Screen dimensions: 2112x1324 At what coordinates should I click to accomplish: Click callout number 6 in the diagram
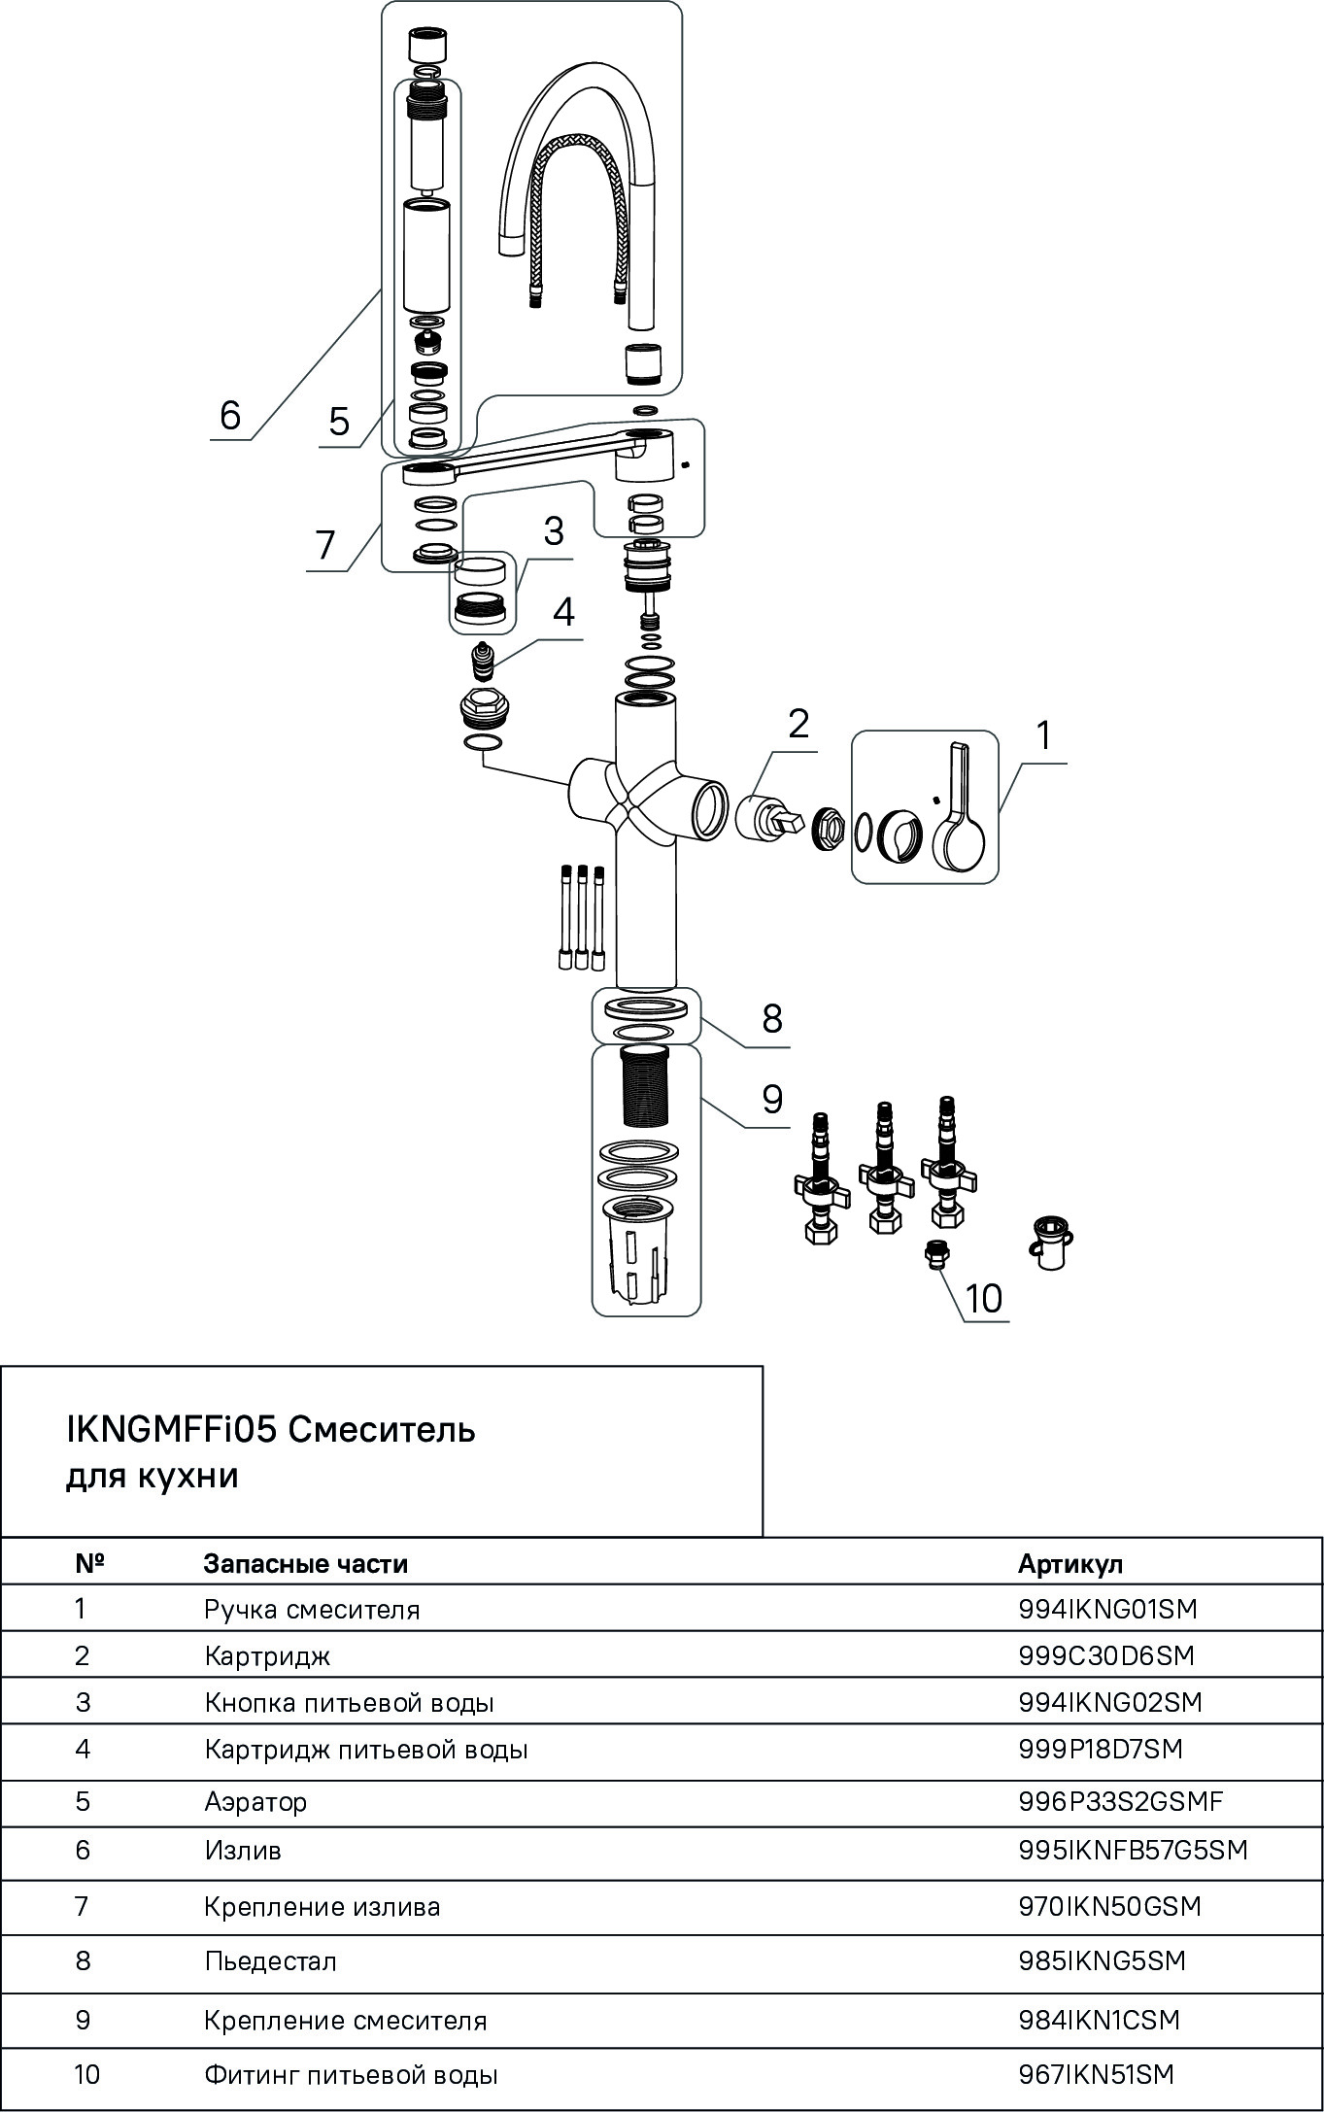click(x=229, y=415)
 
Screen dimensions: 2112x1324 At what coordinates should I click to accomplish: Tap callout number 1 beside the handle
click(x=1043, y=736)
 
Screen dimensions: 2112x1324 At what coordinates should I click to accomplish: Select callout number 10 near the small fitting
click(x=984, y=1298)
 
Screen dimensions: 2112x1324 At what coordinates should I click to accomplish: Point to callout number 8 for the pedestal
click(x=772, y=1019)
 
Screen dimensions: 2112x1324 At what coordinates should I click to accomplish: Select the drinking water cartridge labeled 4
click(x=483, y=662)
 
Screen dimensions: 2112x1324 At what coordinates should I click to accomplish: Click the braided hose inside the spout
click(x=576, y=214)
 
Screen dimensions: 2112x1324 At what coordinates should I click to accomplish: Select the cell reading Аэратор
click(x=255, y=1801)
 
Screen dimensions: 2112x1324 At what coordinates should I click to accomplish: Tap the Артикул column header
click(x=1069, y=1563)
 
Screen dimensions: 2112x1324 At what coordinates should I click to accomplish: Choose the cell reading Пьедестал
click(x=270, y=1960)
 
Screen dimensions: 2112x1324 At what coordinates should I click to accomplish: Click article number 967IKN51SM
click(x=1096, y=2075)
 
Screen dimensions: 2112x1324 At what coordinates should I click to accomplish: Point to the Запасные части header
click(x=305, y=1563)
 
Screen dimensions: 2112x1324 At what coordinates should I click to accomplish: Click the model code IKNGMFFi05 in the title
click(x=171, y=1430)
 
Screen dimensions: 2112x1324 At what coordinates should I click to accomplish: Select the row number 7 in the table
click(x=82, y=1906)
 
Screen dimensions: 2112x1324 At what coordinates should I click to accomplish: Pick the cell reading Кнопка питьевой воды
click(x=349, y=1702)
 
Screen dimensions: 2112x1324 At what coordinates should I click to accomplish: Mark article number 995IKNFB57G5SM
click(x=1133, y=1850)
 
